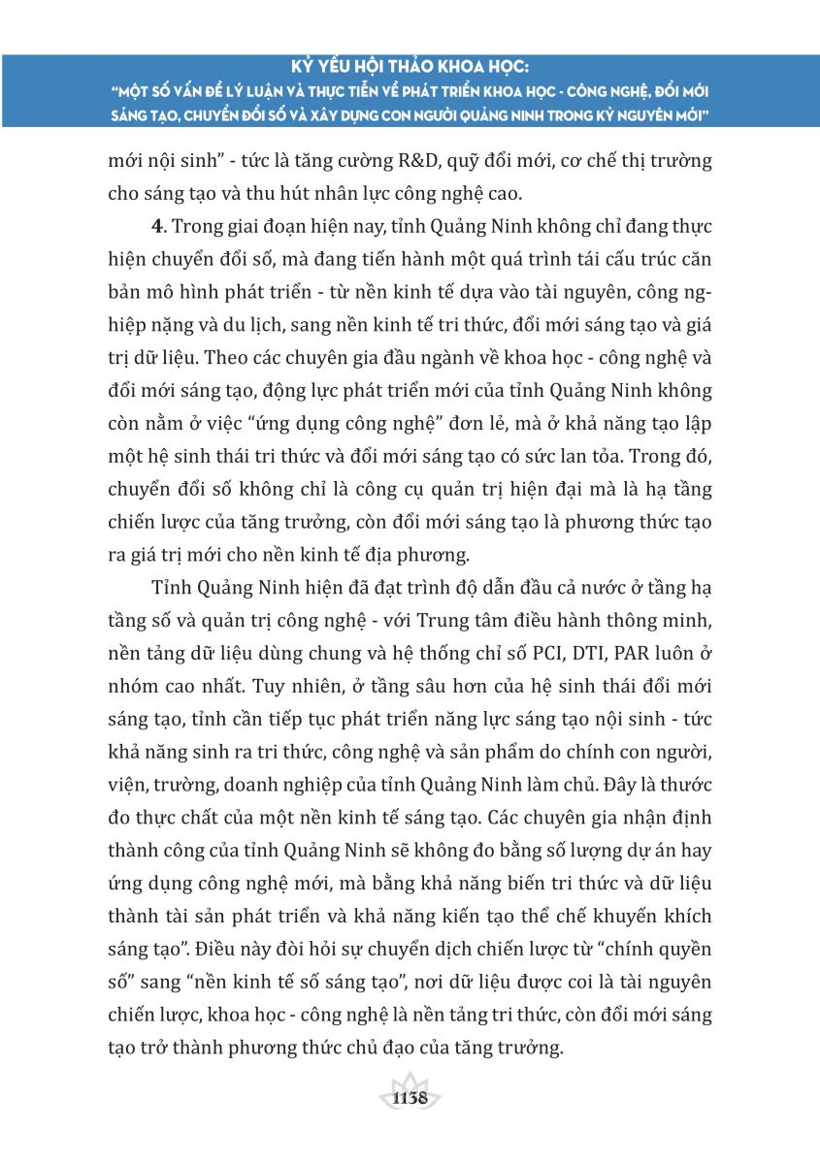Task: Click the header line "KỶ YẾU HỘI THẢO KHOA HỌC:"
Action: (410, 69)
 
